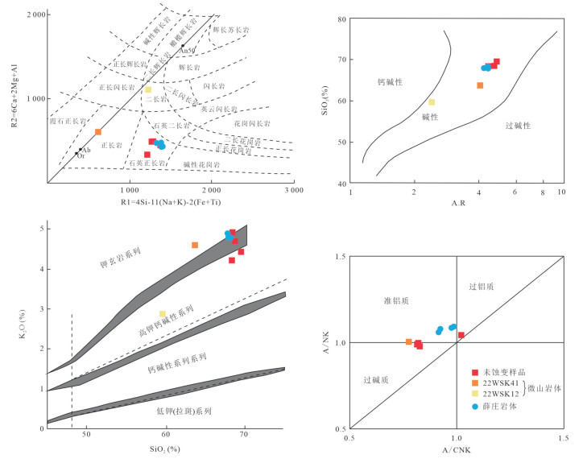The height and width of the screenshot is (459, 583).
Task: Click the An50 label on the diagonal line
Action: click(x=188, y=51)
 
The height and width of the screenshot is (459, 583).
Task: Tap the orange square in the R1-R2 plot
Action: click(x=98, y=132)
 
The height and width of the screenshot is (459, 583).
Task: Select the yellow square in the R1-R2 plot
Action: click(x=148, y=89)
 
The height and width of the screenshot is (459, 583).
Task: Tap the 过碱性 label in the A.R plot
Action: click(x=522, y=126)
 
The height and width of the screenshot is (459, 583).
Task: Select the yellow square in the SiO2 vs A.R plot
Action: click(x=432, y=102)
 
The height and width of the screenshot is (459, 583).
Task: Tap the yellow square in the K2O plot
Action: click(x=163, y=314)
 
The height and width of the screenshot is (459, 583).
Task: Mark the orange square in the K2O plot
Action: click(x=195, y=245)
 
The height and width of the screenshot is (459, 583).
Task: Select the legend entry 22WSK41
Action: click(x=502, y=383)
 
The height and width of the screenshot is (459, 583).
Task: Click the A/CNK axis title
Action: click(x=457, y=449)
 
